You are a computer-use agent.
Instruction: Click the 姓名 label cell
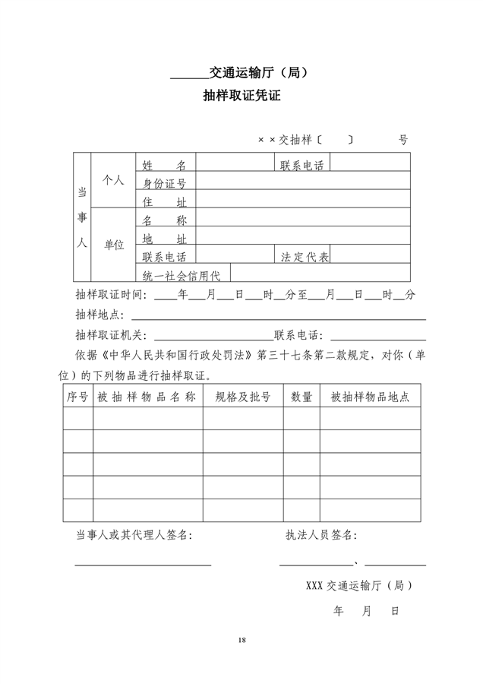coord(165,165)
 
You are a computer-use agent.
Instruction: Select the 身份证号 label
coord(165,183)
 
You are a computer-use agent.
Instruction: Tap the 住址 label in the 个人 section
coord(165,201)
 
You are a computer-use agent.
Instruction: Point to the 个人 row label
coord(113,180)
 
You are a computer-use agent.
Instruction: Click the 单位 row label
coord(113,245)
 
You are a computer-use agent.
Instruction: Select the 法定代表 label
coord(305,257)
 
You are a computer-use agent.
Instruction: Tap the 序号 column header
coord(77,397)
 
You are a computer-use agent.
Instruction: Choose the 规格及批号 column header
coord(243,397)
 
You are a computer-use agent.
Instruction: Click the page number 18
coord(241,641)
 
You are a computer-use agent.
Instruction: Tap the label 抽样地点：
coord(102,315)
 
